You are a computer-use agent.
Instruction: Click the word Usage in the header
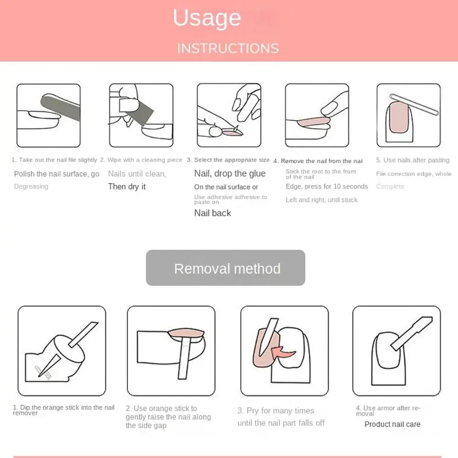(x=207, y=18)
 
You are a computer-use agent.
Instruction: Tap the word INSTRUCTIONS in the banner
(x=228, y=48)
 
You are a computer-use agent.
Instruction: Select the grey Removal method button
(x=225, y=268)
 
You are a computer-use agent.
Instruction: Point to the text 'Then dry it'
(x=127, y=186)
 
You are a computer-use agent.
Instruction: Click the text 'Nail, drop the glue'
(x=229, y=174)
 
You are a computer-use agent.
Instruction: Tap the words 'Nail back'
(x=213, y=213)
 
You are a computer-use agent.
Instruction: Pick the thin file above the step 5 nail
(x=414, y=104)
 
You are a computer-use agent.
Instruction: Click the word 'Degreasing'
(x=31, y=186)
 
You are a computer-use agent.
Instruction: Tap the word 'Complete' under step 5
(x=390, y=186)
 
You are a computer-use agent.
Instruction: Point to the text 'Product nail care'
(x=392, y=424)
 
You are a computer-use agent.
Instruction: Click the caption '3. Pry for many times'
(x=276, y=411)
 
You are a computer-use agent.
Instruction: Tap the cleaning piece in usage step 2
(x=142, y=110)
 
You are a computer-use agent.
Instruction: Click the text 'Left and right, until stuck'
(x=322, y=200)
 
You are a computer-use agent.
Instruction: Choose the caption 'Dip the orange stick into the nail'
(x=64, y=408)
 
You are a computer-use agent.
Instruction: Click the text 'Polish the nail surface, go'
(x=57, y=174)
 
